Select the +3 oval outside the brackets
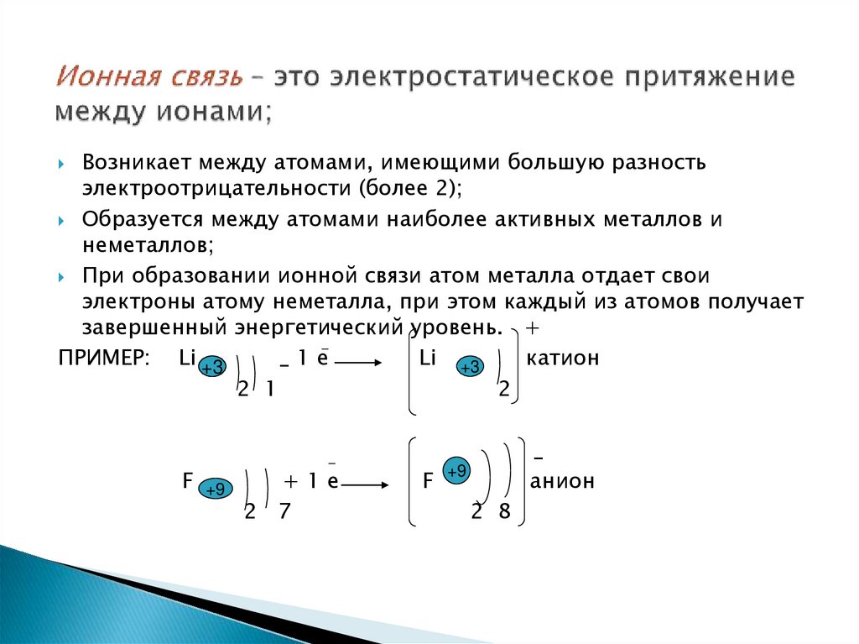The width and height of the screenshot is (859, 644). (212, 368)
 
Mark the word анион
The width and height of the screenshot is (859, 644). (561, 481)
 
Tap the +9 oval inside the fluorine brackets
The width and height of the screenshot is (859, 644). (457, 472)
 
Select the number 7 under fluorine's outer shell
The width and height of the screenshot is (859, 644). (284, 512)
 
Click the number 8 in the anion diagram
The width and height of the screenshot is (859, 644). (504, 512)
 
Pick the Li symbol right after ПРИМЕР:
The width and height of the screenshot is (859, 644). (187, 359)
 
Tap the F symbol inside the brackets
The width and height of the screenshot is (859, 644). (428, 482)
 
